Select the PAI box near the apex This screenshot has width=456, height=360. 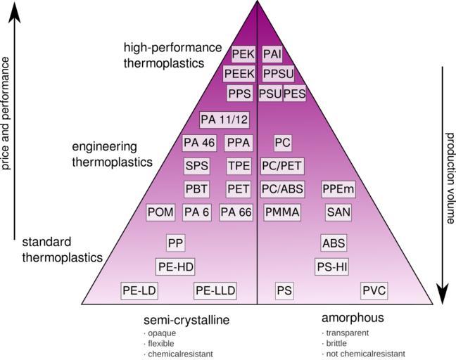tap(272, 54)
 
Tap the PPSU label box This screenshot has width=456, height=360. tap(277, 74)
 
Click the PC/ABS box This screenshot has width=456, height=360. tap(282, 189)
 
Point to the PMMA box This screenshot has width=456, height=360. tap(282, 212)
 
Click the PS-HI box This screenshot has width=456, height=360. tap(332, 266)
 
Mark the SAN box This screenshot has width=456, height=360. tap(338, 212)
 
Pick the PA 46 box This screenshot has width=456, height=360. tap(198, 143)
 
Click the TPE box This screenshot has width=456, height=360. tap(238, 166)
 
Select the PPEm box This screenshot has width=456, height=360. tap(338, 189)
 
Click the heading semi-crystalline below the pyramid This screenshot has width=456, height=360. tap(186, 319)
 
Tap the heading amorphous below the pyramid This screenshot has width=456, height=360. tap(353, 318)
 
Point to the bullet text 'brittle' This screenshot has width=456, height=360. tap(336, 343)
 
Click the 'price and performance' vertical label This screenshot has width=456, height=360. tap(6, 114)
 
